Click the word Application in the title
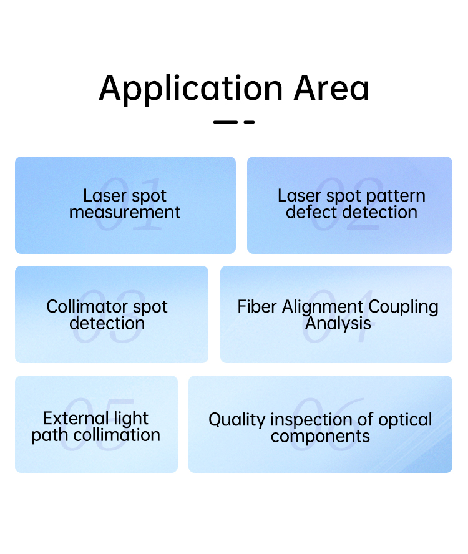(191, 89)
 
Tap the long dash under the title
(225, 122)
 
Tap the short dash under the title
(249, 122)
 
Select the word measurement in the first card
(125, 212)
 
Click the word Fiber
(256, 306)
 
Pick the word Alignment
(323, 307)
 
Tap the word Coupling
(403, 307)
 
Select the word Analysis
(338, 323)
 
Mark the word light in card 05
(131, 419)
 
